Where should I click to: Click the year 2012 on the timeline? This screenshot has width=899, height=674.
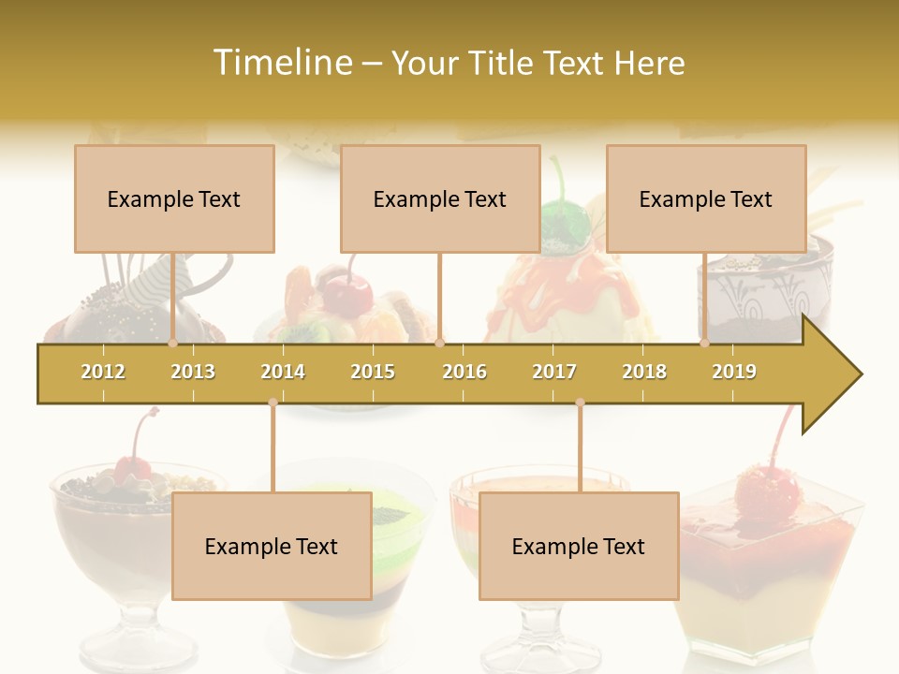pos(103,372)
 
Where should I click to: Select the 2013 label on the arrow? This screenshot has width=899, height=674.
pos(193,372)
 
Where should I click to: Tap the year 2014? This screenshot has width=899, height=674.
pos(283,372)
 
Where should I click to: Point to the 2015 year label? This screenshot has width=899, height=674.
pos(373,372)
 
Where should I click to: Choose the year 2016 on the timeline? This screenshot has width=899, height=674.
pos(464,372)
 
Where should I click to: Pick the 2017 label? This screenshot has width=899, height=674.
pos(554,372)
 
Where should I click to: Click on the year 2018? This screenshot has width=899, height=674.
pos(644,372)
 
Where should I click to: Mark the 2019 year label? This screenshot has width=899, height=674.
pos(734,372)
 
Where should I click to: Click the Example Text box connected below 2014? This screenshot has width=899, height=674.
pos(272,546)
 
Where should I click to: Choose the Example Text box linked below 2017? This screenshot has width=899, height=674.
pos(579,546)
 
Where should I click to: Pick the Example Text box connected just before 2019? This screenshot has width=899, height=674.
pos(706,198)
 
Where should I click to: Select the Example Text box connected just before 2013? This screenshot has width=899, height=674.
pos(174,198)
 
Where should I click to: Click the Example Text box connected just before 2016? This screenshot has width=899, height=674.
pos(440,198)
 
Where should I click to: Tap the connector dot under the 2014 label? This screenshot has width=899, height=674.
pos(273,403)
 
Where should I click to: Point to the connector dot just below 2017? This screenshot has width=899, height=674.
pos(580,403)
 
